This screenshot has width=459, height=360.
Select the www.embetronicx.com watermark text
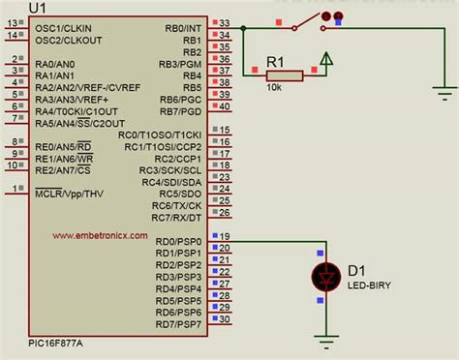click(100, 235)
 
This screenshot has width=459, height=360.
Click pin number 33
click(225, 23)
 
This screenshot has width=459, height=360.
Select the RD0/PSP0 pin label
click(178, 242)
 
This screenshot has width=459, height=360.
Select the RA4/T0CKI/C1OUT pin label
click(81, 111)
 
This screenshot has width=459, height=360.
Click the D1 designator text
click(354, 272)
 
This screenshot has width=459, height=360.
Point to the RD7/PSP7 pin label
click(178, 323)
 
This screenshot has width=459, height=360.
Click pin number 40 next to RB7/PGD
click(225, 106)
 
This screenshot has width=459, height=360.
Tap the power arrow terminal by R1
click(327, 64)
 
